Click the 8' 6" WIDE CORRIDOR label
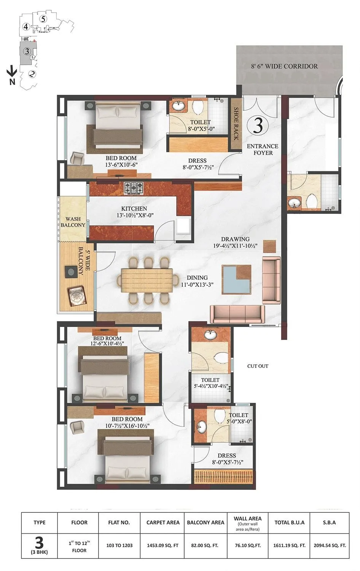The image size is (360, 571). tap(284, 66)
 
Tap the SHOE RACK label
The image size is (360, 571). tap(236, 124)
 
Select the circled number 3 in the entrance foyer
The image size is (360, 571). tap(258, 125)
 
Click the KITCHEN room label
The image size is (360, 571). tap(134, 209)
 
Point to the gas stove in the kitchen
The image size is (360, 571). tap(134, 187)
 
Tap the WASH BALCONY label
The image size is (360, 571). tap(73, 222)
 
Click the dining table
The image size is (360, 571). tap(147, 281)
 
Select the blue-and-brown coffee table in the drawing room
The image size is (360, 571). tap(237, 279)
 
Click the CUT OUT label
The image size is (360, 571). tap(258, 366)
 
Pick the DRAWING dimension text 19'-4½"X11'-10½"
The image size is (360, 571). tap(235, 246)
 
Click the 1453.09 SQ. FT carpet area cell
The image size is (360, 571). tap(162, 545)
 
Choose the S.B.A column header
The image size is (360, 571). tap(329, 522)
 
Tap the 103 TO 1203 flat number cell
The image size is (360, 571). tap(119, 545)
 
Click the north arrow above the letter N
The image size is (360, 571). tap(12, 71)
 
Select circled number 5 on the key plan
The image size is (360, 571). tap(43, 19)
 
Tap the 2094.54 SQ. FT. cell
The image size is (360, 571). tap(329, 545)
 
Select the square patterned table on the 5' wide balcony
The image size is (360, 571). tap(77, 294)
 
